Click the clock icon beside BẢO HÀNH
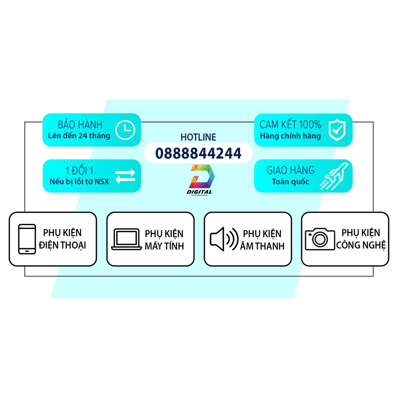tap(125, 130)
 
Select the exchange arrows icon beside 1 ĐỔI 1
tap(125, 175)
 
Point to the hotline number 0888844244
tap(198, 153)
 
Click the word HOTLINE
tap(198, 137)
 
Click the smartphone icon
tap(27, 239)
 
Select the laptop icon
tap(126, 239)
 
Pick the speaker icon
tap(224, 239)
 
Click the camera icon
tap(320, 239)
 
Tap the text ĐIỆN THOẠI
tap(63, 245)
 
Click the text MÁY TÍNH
tap(164, 246)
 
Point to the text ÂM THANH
tap(262, 246)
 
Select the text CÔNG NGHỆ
tap(361, 245)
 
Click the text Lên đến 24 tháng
tap(79, 136)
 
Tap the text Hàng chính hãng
tap(290, 136)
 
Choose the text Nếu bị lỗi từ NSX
tap(79, 181)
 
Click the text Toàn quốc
tap(290, 182)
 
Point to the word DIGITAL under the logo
tap(199, 192)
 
